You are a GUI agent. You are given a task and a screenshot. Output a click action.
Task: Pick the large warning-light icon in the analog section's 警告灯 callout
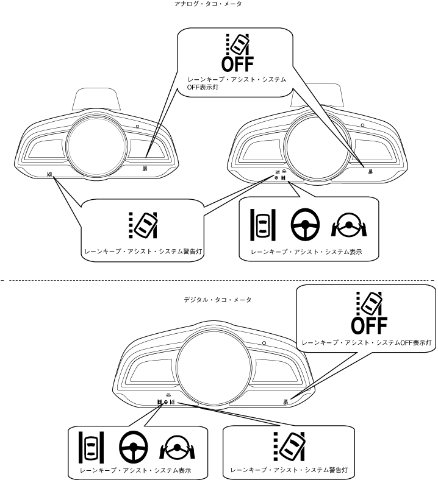143,225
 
